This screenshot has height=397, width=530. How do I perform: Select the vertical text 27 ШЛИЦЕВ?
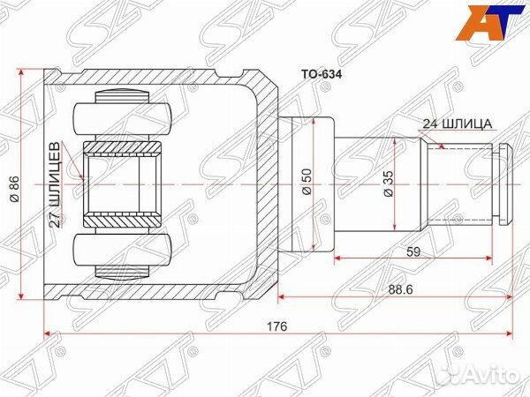[56, 184]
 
